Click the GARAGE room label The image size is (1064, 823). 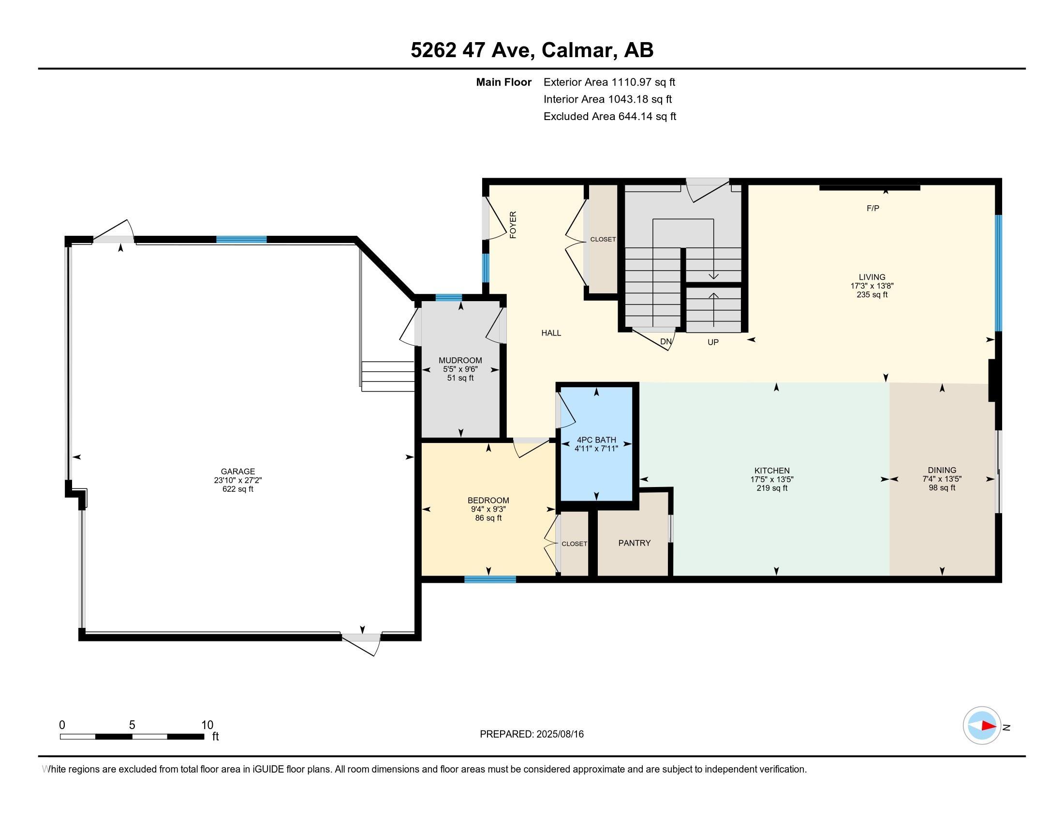[238, 472]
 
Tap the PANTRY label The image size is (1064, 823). [635, 543]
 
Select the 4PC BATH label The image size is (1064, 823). [596, 440]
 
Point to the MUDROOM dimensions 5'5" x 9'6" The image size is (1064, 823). [460, 369]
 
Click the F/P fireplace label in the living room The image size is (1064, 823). [873, 209]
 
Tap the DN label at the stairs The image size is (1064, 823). [666, 342]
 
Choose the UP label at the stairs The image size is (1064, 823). [713, 342]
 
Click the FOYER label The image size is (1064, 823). [513, 225]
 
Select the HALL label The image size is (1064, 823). [551, 333]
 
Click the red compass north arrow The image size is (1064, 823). [988, 726]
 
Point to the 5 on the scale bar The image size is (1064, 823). [132, 725]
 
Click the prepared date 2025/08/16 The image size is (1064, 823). [560, 734]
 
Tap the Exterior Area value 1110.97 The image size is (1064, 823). [631, 82]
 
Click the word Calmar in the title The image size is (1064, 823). [578, 50]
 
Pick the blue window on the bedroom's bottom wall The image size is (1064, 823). [490, 579]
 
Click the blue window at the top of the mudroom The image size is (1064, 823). [449, 297]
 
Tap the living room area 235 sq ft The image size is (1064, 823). [872, 294]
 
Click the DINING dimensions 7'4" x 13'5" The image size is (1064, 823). [942, 479]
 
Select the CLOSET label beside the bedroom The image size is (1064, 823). [575, 544]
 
